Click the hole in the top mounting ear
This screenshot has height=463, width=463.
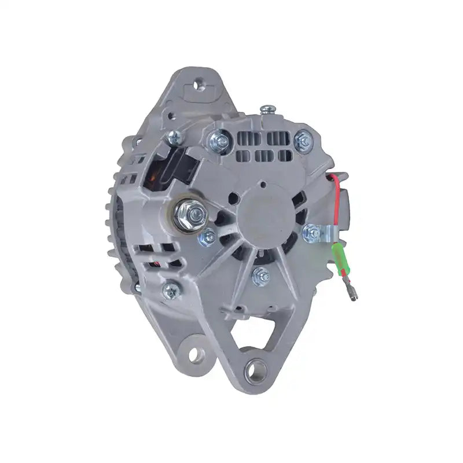coord(200,86)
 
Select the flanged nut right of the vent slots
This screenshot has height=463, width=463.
coord(301,139)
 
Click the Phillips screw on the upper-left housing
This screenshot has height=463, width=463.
coord(174,138)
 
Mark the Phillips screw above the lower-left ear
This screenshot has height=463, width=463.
coord(170,291)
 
